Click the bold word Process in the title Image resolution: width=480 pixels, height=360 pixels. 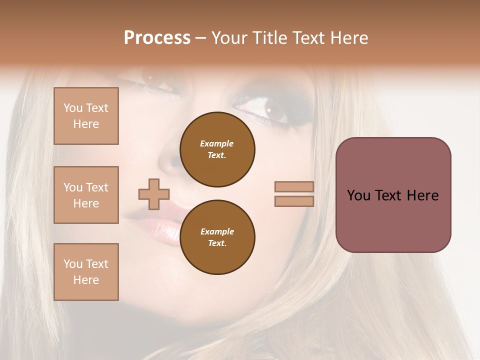click(157, 38)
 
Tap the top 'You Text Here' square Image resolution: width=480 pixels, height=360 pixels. click(86, 116)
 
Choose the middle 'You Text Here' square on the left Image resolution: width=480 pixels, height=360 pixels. click(86, 195)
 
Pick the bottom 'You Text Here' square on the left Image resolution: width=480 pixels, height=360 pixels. click(86, 271)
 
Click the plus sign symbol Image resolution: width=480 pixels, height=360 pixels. click(154, 194)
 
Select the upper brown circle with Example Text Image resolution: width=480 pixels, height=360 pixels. click(217, 149)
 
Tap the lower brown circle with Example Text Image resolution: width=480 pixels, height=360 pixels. click(217, 237)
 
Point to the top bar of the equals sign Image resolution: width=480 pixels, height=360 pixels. click(294, 186)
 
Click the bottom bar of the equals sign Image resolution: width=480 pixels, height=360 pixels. click(294, 201)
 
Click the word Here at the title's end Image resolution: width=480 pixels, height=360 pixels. click(347, 38)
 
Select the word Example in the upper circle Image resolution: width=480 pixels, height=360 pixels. click(216, 143)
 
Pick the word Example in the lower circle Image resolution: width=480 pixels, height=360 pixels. click(217, 231)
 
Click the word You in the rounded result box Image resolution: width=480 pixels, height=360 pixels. click(358, 195)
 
